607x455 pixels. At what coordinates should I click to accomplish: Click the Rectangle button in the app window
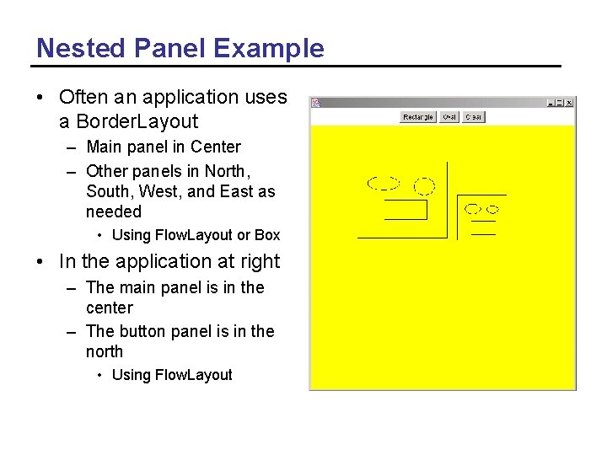pyautogui.click(x=418, y=117)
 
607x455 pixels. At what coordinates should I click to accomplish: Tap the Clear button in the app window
pyautogui.click(x=473, y=117)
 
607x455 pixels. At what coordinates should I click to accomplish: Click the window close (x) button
pyautogui.click(x=569, y=103)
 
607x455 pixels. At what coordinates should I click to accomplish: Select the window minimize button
pyautogui.click(x=551, y=103)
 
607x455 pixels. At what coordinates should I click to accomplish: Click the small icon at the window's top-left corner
pyautogui.click(x=315, y=103)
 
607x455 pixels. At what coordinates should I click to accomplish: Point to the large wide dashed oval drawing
pyautogui.click(x=383, y=183)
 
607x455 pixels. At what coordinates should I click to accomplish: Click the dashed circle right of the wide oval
pyautogui.click(x=425, y=185)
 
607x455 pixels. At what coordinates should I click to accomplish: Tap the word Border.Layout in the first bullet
pyautogui.click(x=129, y=121)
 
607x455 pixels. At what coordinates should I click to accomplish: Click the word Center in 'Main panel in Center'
pyautogui.click(x=215, y=147)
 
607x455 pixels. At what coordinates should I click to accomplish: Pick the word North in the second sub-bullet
pyautogui.click(x=225, y=171)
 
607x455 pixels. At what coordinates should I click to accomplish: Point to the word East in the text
pyautogui.click(x=237, y=191)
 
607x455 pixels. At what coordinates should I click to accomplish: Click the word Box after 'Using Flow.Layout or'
pyautogui.click(x=267, y=235)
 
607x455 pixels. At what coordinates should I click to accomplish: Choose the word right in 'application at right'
pyautogui.click(x=259, y=262)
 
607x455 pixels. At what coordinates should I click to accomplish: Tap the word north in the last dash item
pyautogui.click(x=105, y=351)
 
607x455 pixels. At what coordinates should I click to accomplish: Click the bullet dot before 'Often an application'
pyautogui.click(x=40, y=98)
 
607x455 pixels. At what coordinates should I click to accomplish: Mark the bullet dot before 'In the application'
pyautogui.click(x=40, y=263)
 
